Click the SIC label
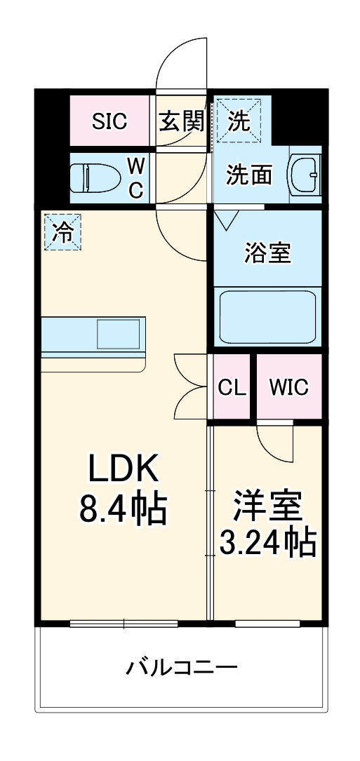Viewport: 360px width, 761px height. [x=110, y=122]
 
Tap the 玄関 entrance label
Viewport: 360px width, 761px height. [x=181, y=122]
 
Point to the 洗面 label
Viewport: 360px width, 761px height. [x=249, y=175]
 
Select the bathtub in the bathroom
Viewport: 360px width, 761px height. [x=267, y=316]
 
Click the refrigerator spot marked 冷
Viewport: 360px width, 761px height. [x=63, y=232]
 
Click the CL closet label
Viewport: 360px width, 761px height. [x=231, y=387]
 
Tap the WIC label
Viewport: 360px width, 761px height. [x=288, y=387]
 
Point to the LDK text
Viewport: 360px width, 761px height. [x=124, y=469]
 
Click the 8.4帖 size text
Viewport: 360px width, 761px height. [x=124, y=509]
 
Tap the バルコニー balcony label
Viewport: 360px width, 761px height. [x=181, y=666]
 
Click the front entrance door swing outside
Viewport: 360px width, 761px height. [x=181, y=60]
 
